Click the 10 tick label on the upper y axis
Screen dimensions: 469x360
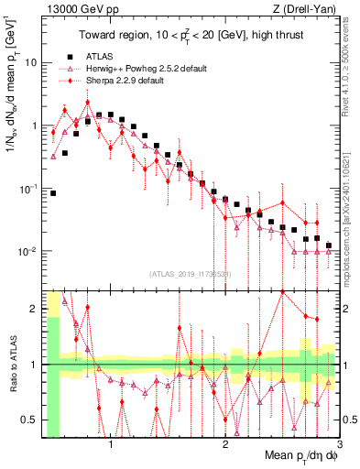pos(30,63)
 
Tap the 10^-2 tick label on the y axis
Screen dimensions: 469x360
pos(27,252)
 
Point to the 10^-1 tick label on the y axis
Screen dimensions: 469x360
pos(27,189)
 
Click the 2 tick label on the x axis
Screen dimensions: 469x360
pos(225,446)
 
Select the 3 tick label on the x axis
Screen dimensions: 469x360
pos(339,446)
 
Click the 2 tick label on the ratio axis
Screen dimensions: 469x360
pos(35,309)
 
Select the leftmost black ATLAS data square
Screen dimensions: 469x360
pos(53,193)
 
